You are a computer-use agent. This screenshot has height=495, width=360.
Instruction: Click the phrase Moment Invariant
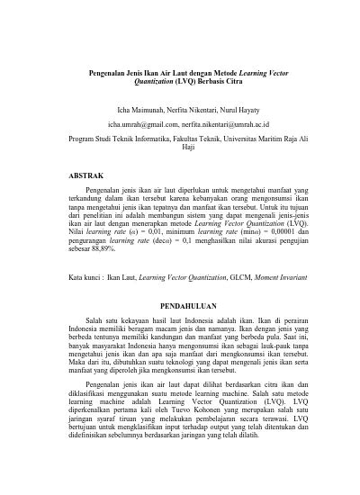click(280, 253)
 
